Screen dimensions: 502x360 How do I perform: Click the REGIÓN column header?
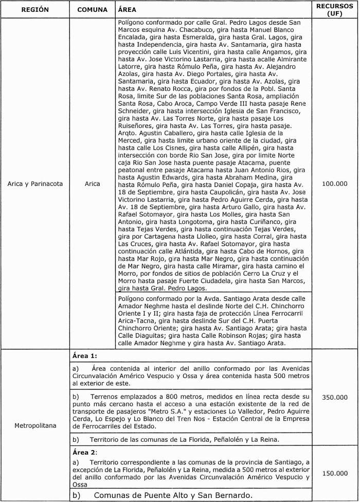coord(35,10)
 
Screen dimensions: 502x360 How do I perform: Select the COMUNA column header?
coord(92,10)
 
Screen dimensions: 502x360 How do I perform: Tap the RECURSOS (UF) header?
coord(334,10)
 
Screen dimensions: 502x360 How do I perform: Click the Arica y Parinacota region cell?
coord(35,184)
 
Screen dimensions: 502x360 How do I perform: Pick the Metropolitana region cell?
coord(35,426)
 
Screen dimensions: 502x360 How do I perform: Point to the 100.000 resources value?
coord(334,184)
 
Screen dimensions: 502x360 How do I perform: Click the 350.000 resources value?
coord(334,398)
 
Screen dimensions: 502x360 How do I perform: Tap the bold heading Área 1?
coord(84,355)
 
